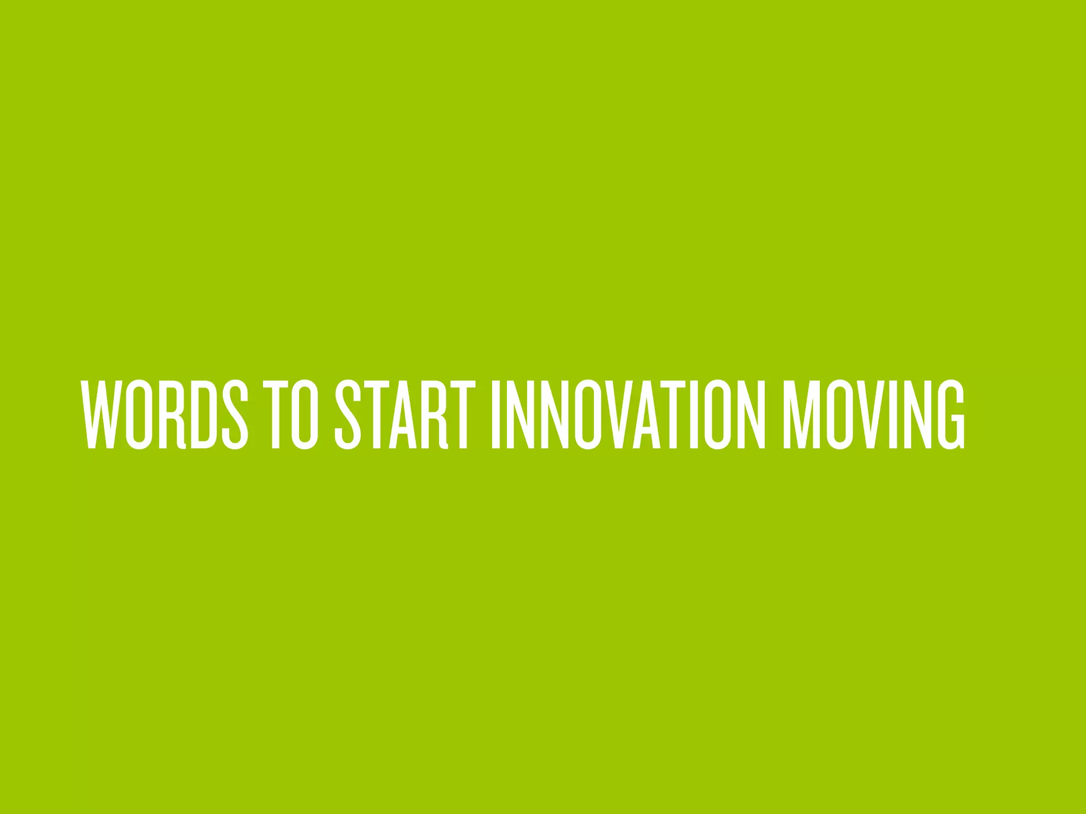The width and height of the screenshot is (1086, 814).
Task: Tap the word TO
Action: (x=291, y=414)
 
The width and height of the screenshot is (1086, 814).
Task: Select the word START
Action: (x=401, y=414)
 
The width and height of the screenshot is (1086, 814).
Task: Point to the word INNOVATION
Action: (x=628, y=414)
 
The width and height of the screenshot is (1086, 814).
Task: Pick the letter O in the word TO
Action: (x=305, y=414)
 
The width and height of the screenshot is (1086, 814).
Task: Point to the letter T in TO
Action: (x=276, y=414)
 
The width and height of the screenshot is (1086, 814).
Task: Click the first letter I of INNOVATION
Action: (x=496, y=414)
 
